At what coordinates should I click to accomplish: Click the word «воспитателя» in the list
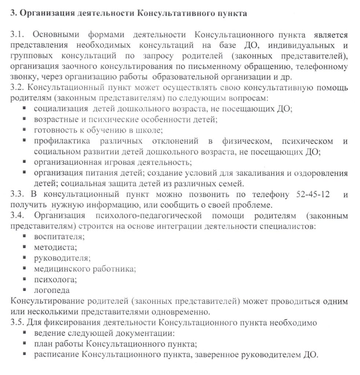pyautogui.click(x=59, y=237)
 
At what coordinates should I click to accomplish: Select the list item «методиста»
pyautogui.click(x=55, y=248)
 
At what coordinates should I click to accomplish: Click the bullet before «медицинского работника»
pyautogui.click(x=24, y=268)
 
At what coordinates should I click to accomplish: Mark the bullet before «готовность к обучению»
pyautogui.click(x=24, y=129)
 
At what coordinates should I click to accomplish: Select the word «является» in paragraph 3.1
pyautogui.click(x=330, y=35)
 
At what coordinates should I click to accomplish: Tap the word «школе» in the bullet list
pyautogui.click(x=151, y=130)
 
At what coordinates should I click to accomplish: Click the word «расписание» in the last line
pyautogui.click(x=56, y=354)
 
